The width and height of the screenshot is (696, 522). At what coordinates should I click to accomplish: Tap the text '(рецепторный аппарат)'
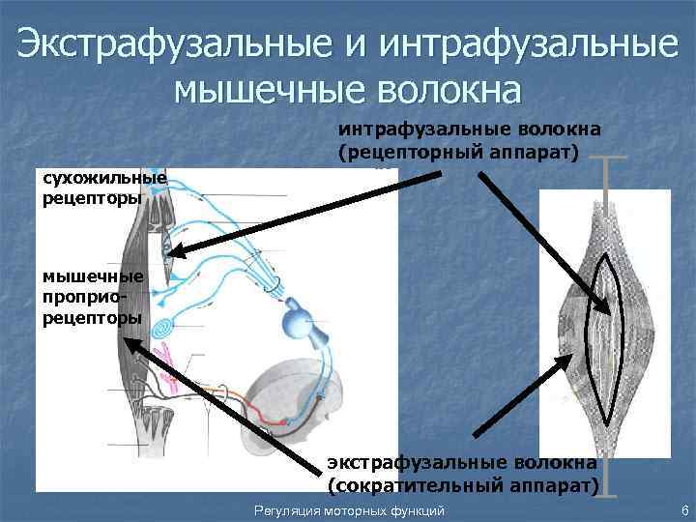(458, 152)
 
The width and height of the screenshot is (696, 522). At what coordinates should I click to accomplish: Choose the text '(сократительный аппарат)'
(463, 481)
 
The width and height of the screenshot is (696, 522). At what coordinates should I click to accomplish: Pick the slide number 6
(683, 509)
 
